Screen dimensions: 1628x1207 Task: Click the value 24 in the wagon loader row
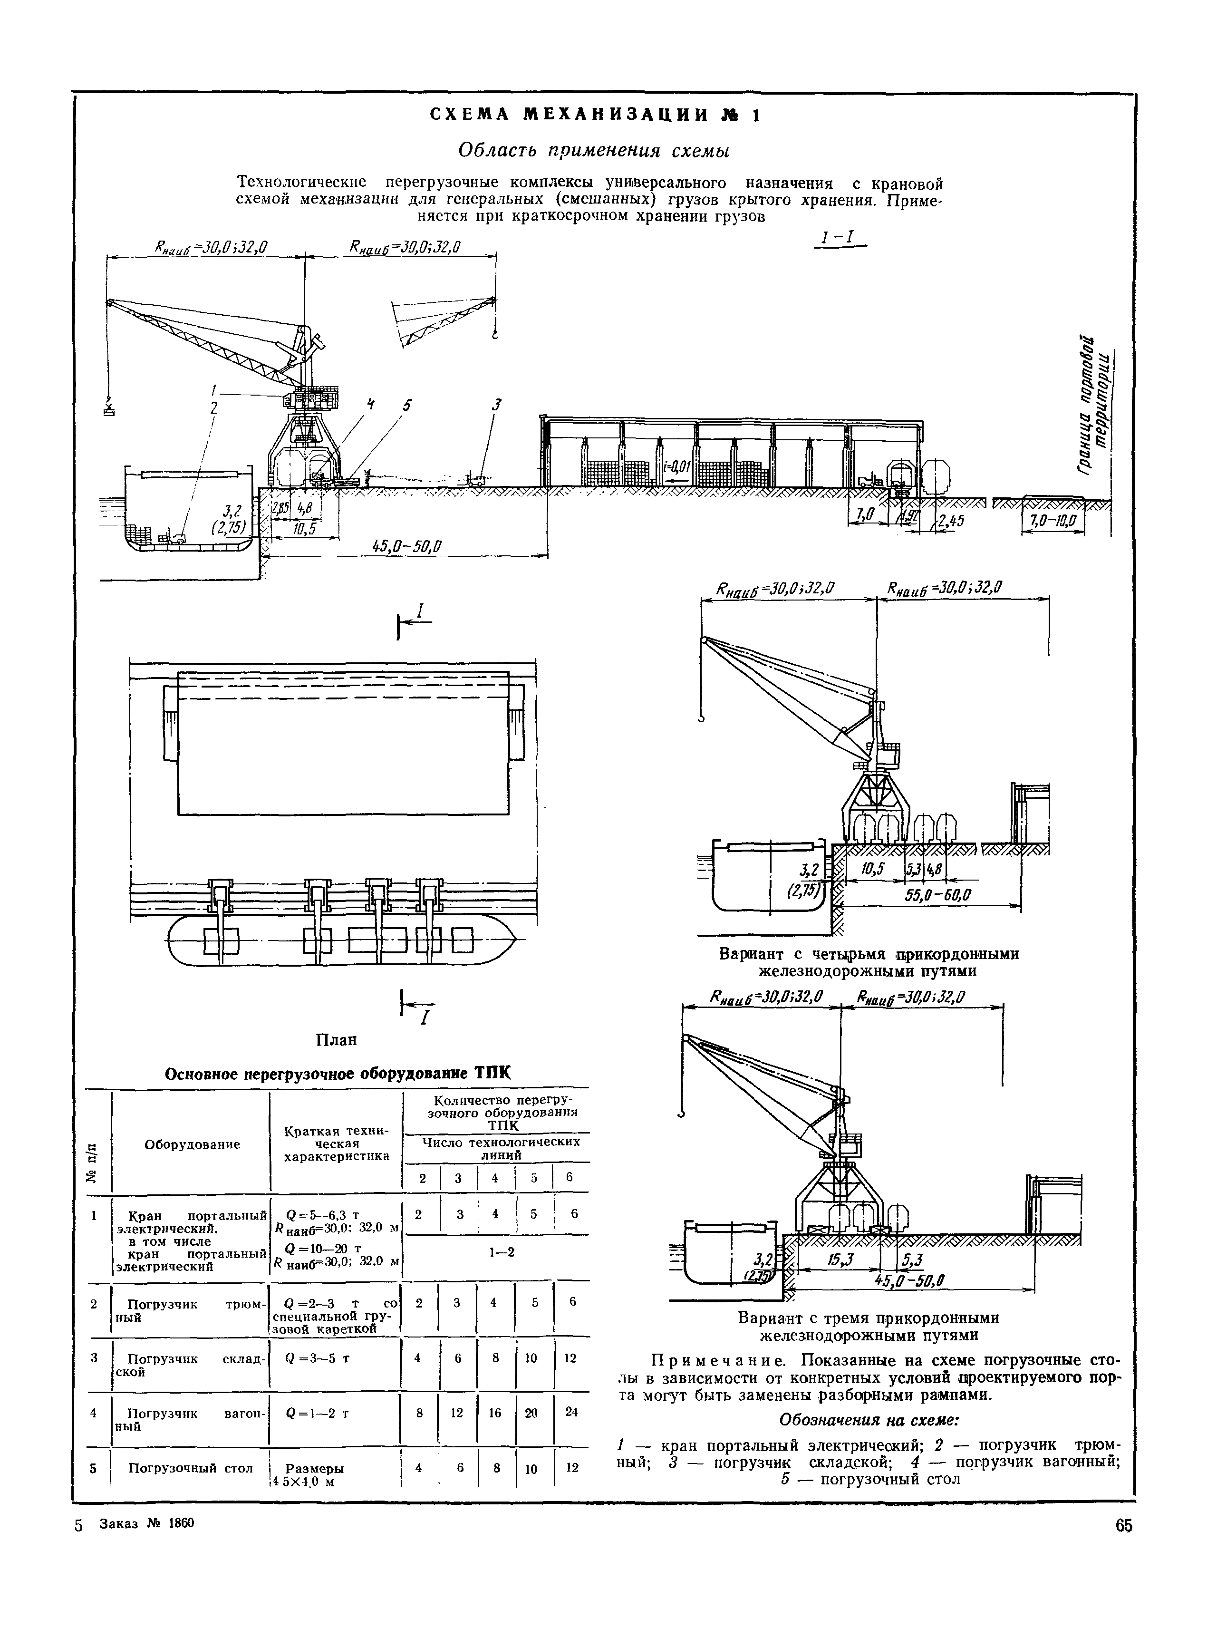coord(571,1413)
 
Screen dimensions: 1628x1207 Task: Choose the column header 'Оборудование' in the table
coord(192,1144)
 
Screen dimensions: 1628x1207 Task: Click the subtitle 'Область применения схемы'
coord(594,151)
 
